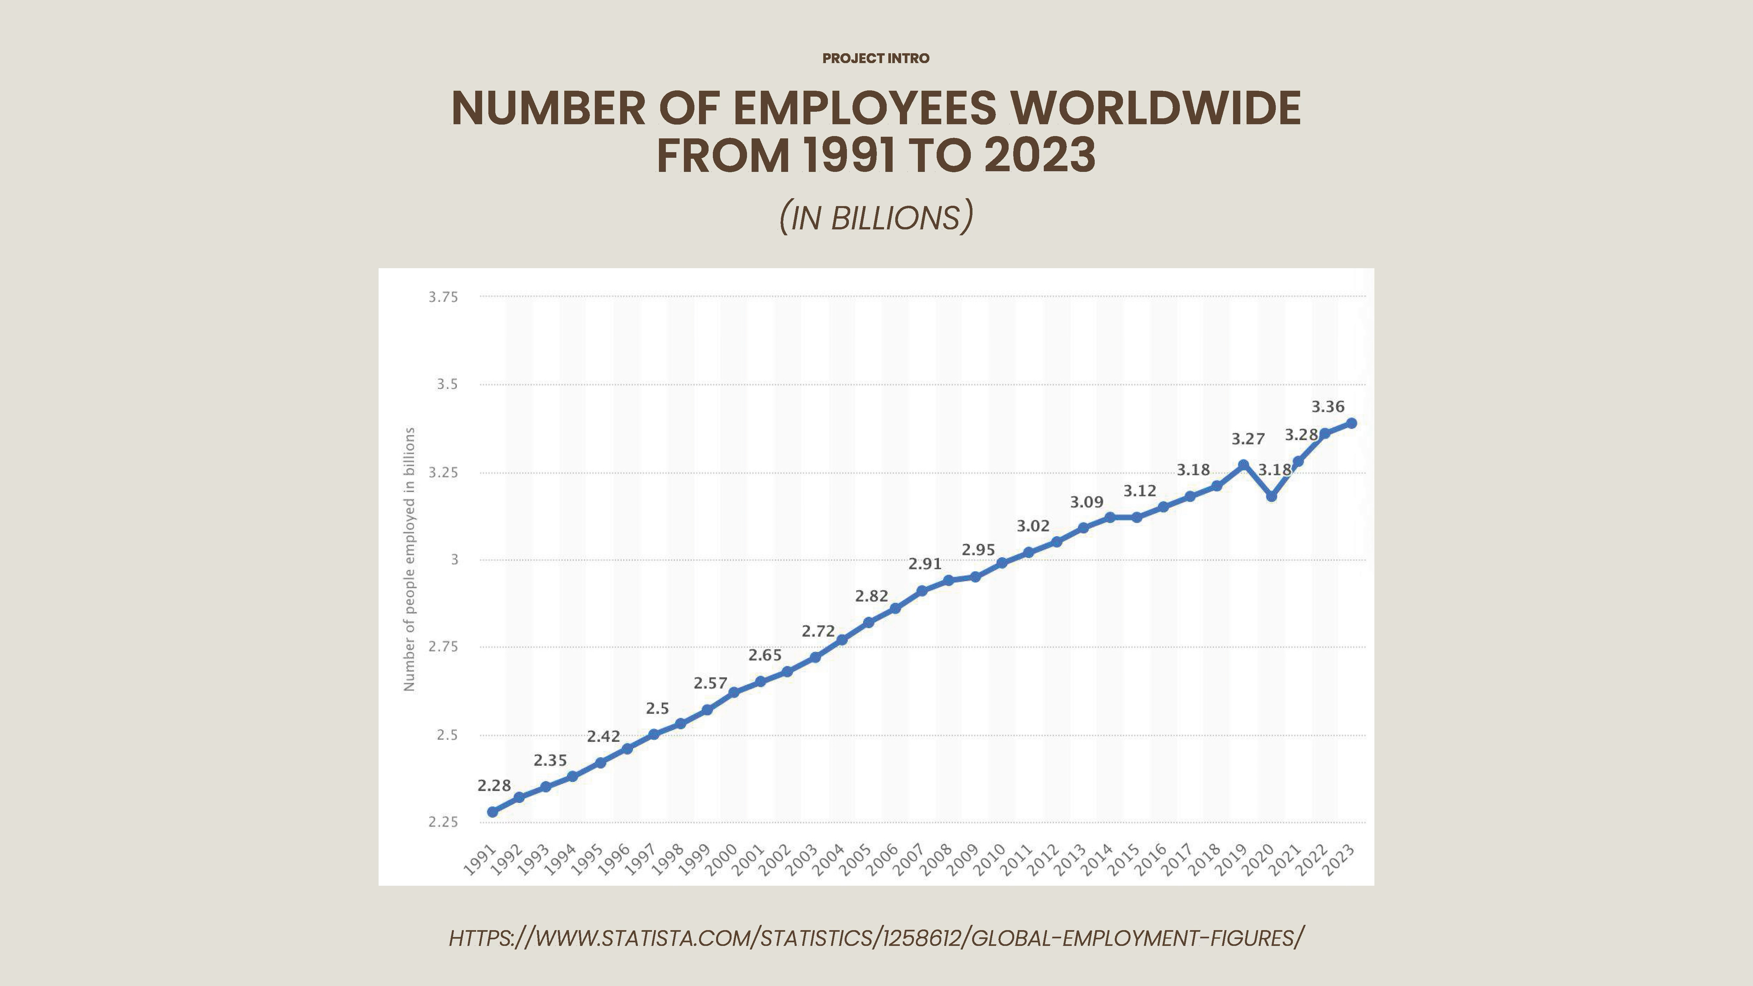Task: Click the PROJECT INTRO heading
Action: (x=876, y=59)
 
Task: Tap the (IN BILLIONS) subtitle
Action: (x=876, y=217)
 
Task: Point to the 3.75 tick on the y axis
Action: (x=443, y=297)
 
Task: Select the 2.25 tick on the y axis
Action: (x=443, y=822)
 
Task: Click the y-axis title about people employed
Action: (x=409, y=559)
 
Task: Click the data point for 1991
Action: (x=493, y=812)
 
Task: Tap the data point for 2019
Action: (x=1243, y=465)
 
